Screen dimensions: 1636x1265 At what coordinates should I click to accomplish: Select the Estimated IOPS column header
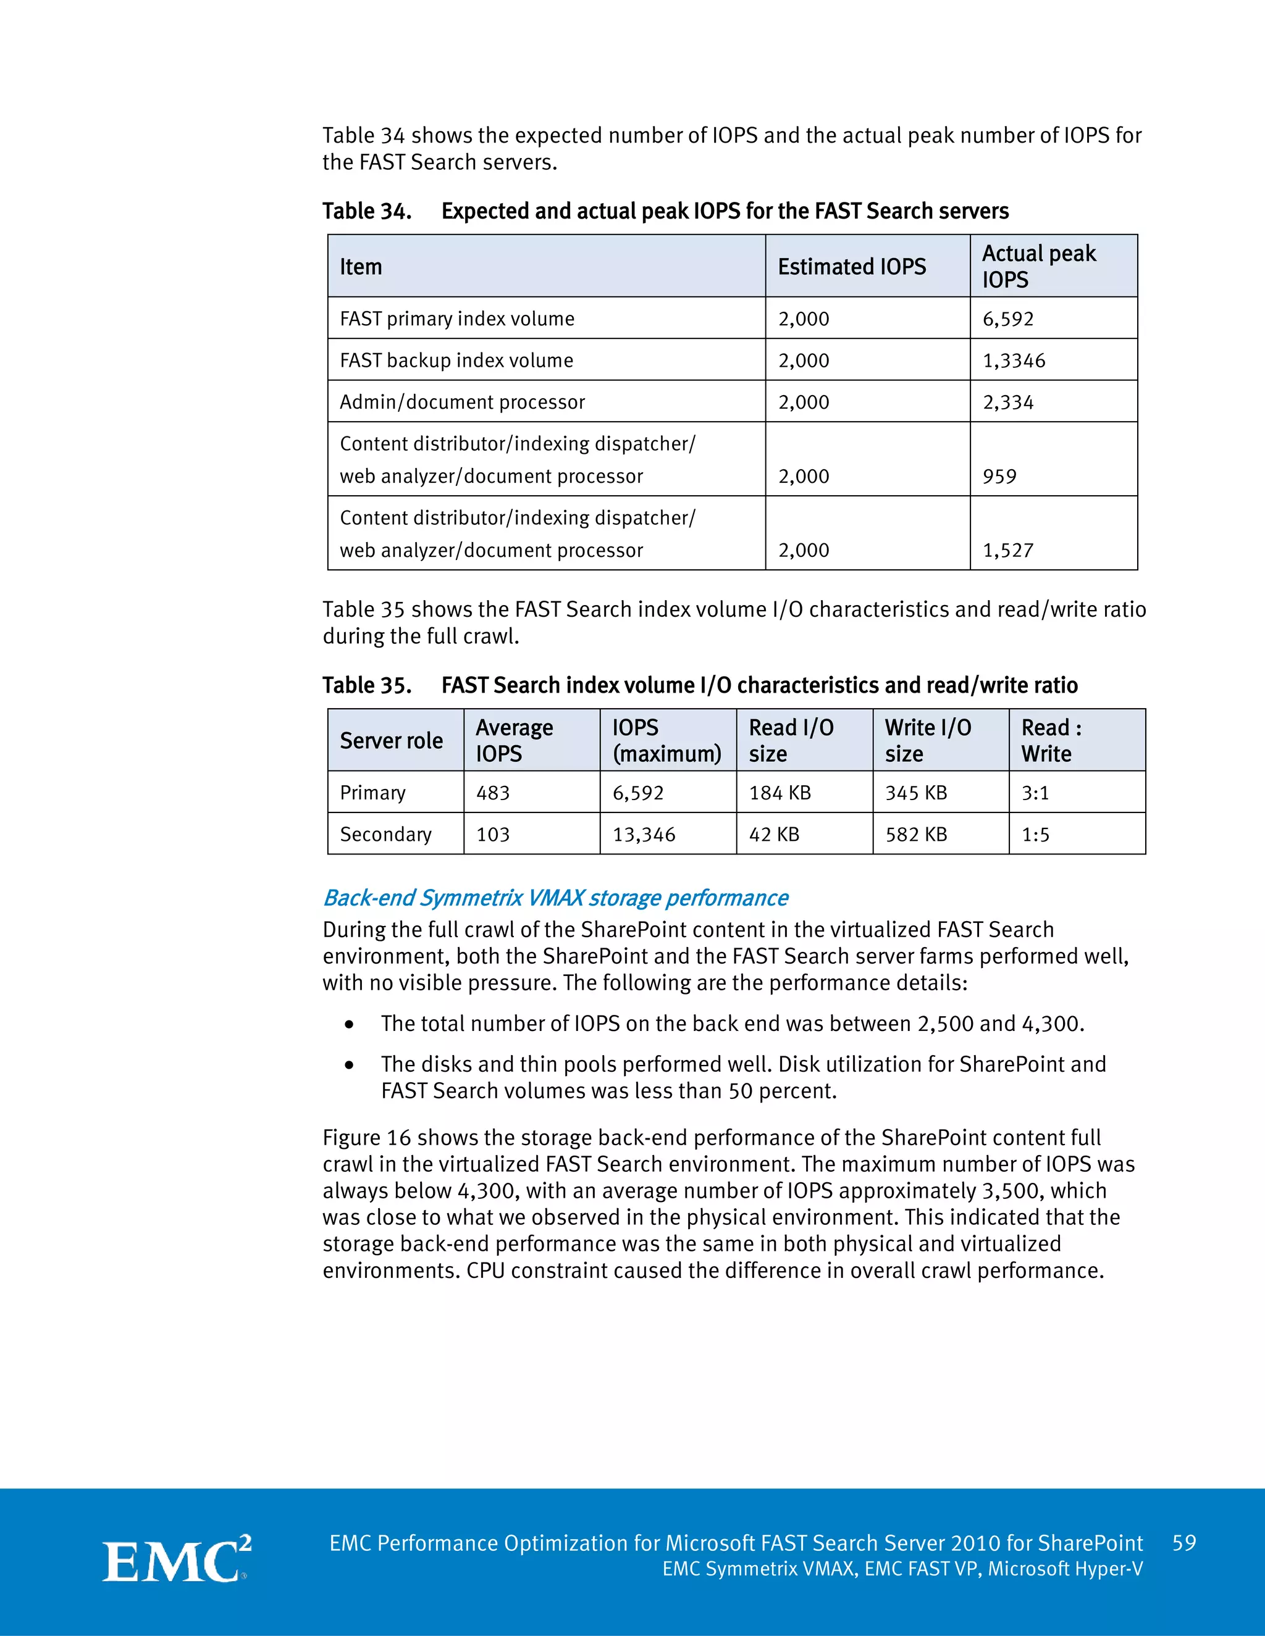pyautogui.click(x=851, y=267)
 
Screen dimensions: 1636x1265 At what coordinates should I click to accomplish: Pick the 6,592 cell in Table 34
pyautogui.click(x=1008, y=319)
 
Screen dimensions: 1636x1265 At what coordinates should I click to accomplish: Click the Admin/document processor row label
pyautogui.click(x=461, y=403)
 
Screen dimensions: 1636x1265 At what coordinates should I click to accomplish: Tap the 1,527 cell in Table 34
pyautogui.click(x=1008, y=551)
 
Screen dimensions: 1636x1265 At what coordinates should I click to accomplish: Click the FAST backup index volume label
pyautogui.click(x=456, y=361)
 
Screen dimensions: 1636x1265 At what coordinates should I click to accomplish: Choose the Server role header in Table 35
pyautogui.click(x=391, y=741)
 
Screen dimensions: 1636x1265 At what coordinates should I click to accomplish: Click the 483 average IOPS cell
pyautogui.click(x=493, y=793)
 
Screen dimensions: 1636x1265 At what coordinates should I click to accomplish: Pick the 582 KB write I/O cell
pyautogui.click(x=916, y=835)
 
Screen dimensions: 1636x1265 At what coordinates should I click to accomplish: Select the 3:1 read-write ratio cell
pyautogui.click(x=1035, y=793)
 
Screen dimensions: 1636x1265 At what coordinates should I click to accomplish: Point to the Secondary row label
pyautogui.click(x=385, y=835)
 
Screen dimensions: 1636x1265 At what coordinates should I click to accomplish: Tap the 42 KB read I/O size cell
pyautogui.click(x=773, y=835)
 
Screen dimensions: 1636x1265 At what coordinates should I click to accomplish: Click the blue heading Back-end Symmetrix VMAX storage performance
pyautogui.click(x=555, y=898)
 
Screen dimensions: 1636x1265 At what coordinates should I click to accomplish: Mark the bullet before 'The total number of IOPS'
pyautogui.click(x=348, y=1025)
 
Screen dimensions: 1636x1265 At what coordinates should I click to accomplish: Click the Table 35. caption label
pyautogui.click(x=366, y=685)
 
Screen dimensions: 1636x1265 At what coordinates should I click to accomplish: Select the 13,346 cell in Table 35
pyautogui.click(x=644, y=835)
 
